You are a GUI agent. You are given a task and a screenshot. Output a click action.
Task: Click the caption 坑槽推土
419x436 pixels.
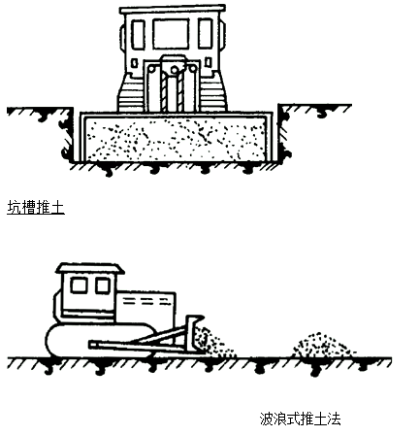(36, 208)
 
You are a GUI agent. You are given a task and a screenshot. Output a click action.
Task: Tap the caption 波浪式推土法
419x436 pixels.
(300, 419)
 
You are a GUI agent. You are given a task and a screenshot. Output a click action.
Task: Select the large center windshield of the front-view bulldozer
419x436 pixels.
(171, 34)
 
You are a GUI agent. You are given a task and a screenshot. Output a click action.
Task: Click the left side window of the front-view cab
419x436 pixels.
(139, 35)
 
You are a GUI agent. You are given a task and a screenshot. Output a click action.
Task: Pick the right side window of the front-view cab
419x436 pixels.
(205, 34)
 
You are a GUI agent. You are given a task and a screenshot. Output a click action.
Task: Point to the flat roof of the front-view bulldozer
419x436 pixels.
(173, 10)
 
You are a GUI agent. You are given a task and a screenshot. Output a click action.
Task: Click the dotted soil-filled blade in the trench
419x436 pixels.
(177, 137)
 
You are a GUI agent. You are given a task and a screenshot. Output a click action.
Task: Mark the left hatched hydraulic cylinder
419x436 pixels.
(165, 92)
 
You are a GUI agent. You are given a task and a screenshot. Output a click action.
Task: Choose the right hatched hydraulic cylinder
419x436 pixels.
(180, 92)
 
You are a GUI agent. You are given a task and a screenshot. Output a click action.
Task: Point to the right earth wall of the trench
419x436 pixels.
(283, 133)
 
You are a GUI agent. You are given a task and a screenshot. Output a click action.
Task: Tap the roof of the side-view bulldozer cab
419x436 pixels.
(90, 269)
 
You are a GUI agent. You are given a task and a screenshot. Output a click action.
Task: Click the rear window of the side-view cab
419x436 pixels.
(79, 285)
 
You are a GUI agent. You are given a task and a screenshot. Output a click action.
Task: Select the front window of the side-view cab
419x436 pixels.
(103, 286)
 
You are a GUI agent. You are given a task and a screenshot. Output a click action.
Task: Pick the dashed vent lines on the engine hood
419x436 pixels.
(146, 301)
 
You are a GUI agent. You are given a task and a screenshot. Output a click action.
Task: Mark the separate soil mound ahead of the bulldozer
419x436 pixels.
(323, 345)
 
